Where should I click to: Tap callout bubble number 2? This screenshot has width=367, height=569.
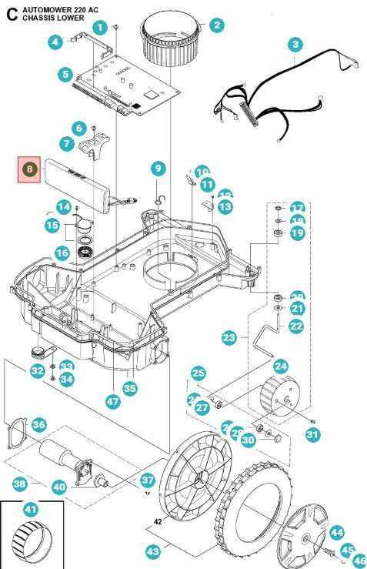tap(217, 25)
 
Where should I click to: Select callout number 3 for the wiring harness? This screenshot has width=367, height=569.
tap(296, 45)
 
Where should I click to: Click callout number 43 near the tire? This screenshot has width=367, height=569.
tap(153, 551)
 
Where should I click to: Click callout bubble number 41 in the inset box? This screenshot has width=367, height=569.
tap(31, 510)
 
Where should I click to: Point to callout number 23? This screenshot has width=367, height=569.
tap(229, 337)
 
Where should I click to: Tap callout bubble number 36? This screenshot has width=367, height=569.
tap(38, 424)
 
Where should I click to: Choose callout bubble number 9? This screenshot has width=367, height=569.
tap(158, 168)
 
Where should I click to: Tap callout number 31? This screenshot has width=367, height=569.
tap(312, 435)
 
